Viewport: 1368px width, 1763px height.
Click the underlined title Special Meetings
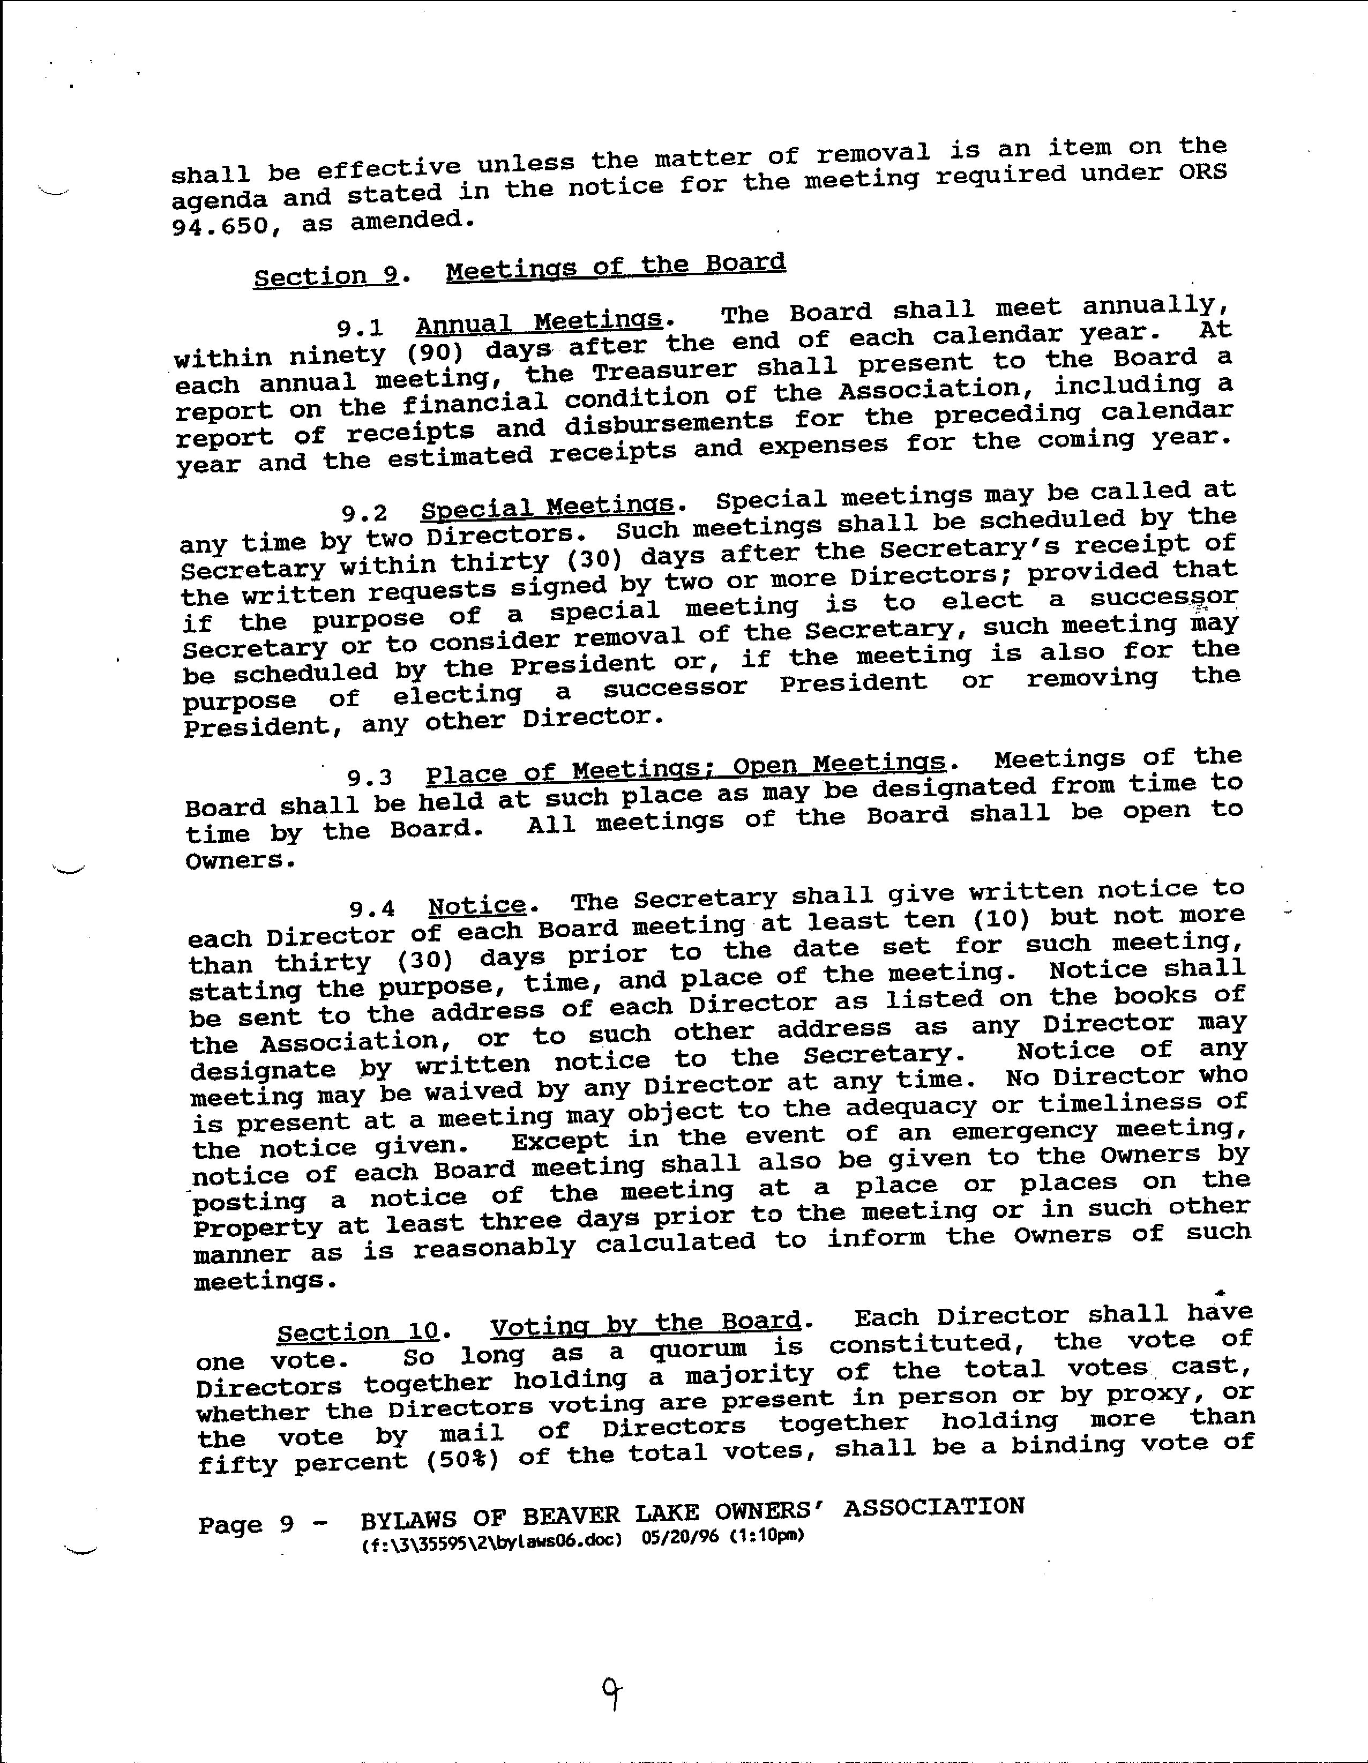tap(547, 507)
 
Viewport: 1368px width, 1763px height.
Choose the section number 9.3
tap(370, 778)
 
